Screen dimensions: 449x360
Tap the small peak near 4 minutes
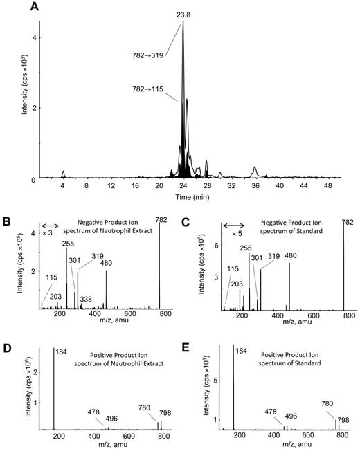point(63,173)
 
